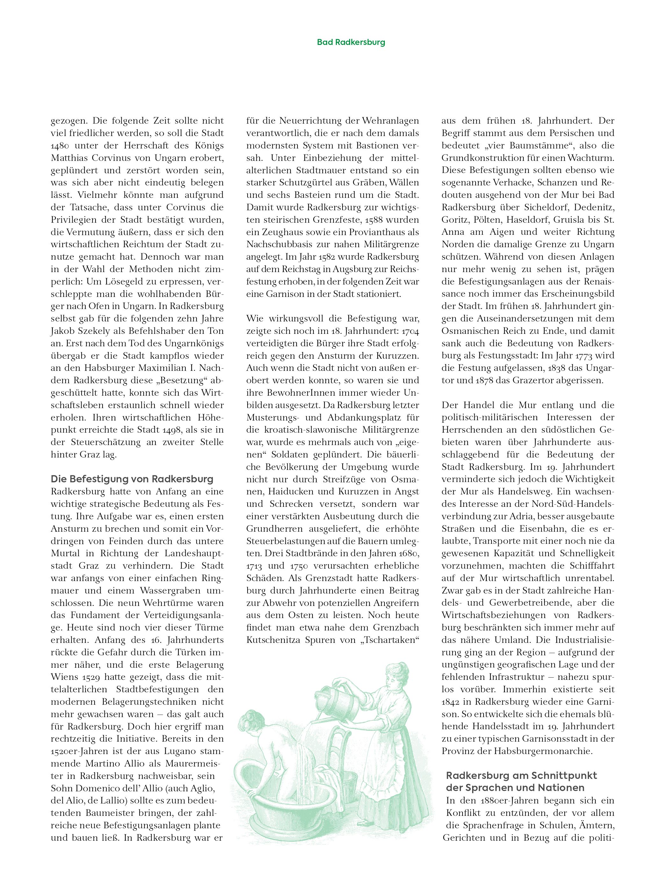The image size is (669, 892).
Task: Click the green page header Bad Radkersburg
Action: pyautogui.click(x=350, y=42)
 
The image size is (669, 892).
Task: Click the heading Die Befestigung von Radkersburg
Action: pyautogui.click(x=132, y=479)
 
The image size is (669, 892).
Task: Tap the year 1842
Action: pyautogui.click(x=451, y=702)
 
